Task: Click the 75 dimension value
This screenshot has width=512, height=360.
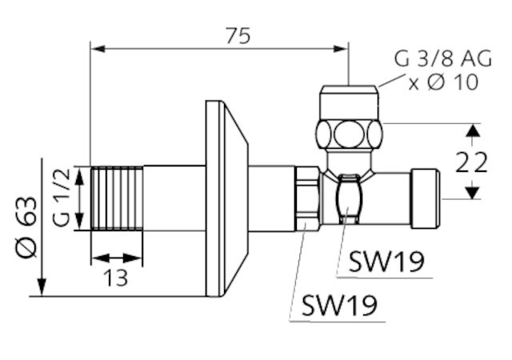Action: pos(238,36)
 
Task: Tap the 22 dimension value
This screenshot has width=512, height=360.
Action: pos(471,162)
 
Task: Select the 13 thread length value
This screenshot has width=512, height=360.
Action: pos(115,278)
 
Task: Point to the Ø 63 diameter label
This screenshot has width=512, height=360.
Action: pos(26,227)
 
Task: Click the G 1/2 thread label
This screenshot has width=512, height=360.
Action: pos(61,197)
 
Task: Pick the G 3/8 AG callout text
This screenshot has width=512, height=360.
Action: pos(442,59)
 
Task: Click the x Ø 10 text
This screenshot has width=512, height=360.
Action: pos(443,82)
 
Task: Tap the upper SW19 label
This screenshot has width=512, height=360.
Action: pos(386,262)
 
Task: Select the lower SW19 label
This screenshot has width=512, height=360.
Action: pos(339,306)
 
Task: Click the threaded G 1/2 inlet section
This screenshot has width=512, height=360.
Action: pos(117,198)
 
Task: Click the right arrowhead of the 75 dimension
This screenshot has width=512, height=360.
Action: pos(341,49)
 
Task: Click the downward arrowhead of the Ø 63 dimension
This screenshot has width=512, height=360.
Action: pos(42,287)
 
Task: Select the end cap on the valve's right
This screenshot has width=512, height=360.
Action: pos(425,198)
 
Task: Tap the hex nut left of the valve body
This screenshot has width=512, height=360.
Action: pos(307,198)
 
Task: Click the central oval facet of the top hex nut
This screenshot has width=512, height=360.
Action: pos(349,134)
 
